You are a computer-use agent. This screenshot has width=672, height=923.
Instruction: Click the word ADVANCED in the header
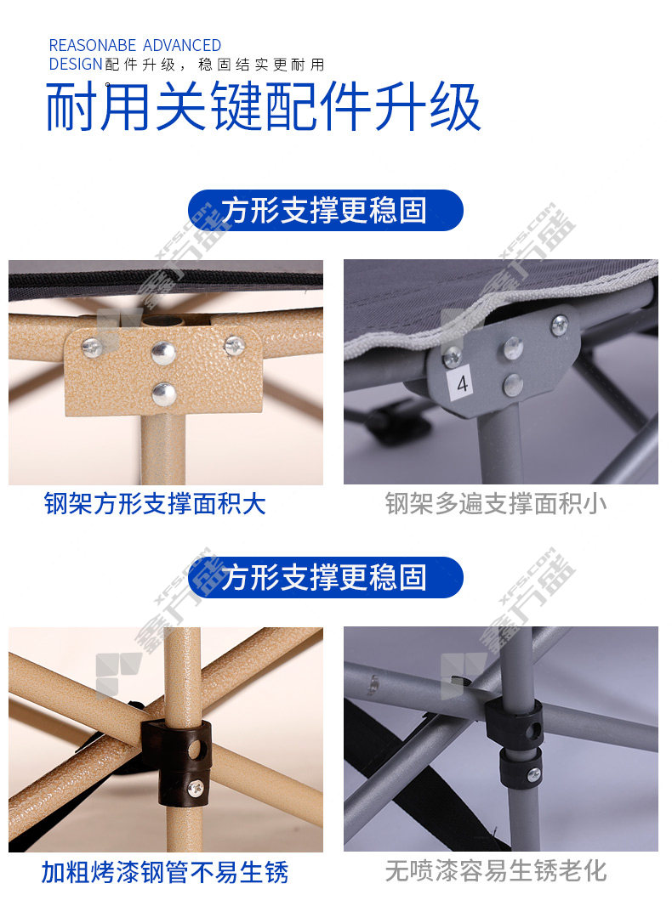pos(182,45)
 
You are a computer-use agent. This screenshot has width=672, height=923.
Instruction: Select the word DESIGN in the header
pos(76,64)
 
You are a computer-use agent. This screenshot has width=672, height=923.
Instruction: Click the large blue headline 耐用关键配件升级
pos(263,106)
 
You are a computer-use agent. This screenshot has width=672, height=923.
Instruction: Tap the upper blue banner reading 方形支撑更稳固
pos(325,210)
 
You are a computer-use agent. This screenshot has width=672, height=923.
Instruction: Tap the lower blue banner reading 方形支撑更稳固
pos(325,577)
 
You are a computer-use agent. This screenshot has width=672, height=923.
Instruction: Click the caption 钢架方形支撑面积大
pos(155,504)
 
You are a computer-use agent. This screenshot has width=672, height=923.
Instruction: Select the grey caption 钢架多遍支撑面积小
pos(496,504)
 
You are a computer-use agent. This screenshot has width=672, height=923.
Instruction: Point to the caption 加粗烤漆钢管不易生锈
pos(165,872)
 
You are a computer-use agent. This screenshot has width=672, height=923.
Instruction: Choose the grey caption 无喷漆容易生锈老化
pos(496,871)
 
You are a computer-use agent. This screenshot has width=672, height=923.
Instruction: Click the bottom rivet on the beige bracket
pos(163,394)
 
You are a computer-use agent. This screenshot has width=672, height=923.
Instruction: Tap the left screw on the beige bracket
pos(92,348)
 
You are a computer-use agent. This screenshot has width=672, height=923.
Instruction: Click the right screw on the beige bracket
pos(235,346)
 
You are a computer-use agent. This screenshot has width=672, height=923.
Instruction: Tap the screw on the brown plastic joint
pos(195,788)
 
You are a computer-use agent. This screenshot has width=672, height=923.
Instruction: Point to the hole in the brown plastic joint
pos(194,750)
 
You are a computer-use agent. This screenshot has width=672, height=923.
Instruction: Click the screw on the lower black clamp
pos(533,774)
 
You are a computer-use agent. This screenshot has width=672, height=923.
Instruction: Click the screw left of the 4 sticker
pos(453,356)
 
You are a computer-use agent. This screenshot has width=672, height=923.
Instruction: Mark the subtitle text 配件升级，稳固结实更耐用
pos(215,65)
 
